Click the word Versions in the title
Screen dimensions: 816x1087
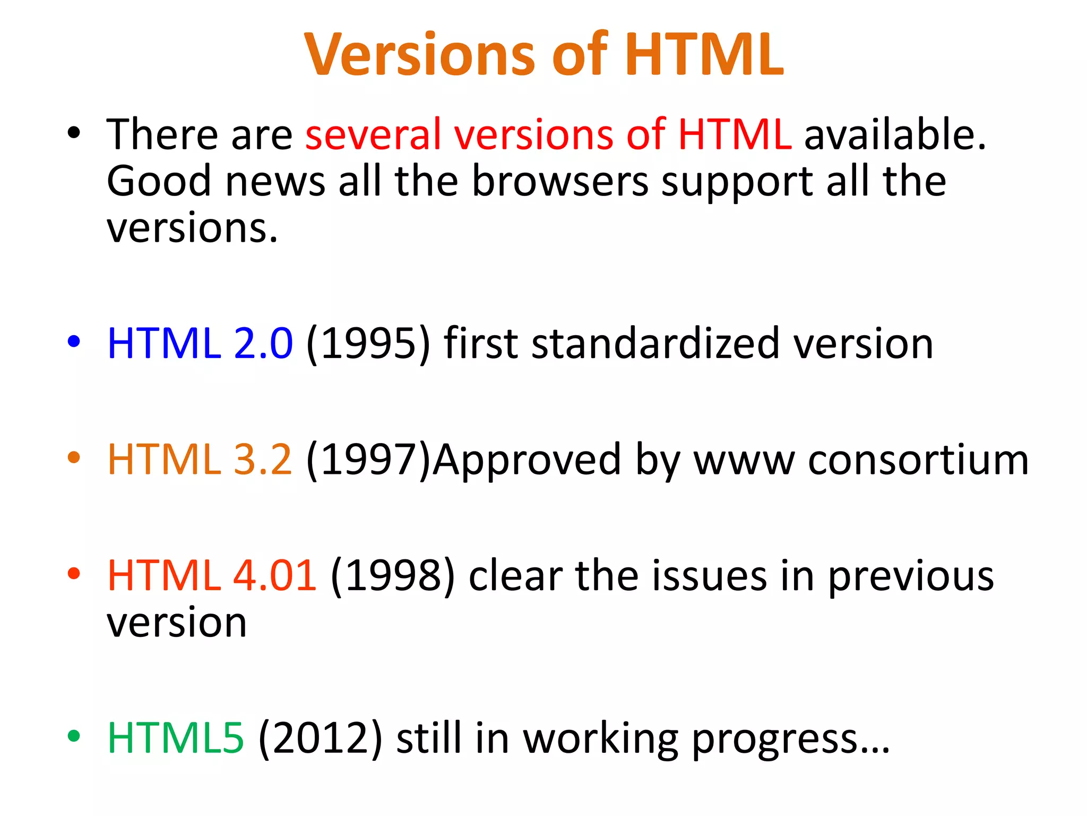pos(419,55)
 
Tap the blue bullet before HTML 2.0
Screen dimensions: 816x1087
pos(74,341)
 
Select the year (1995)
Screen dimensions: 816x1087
pos(368,344)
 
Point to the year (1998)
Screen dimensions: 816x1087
pos(392,576)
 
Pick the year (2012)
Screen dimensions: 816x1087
pos(320,738)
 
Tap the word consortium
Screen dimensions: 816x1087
pos(918,460)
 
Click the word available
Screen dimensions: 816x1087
pos(894,135)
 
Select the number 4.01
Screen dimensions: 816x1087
pos(274,576)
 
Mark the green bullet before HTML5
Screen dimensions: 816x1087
pos(74,736)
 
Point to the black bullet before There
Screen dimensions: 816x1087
pos(74,133)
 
